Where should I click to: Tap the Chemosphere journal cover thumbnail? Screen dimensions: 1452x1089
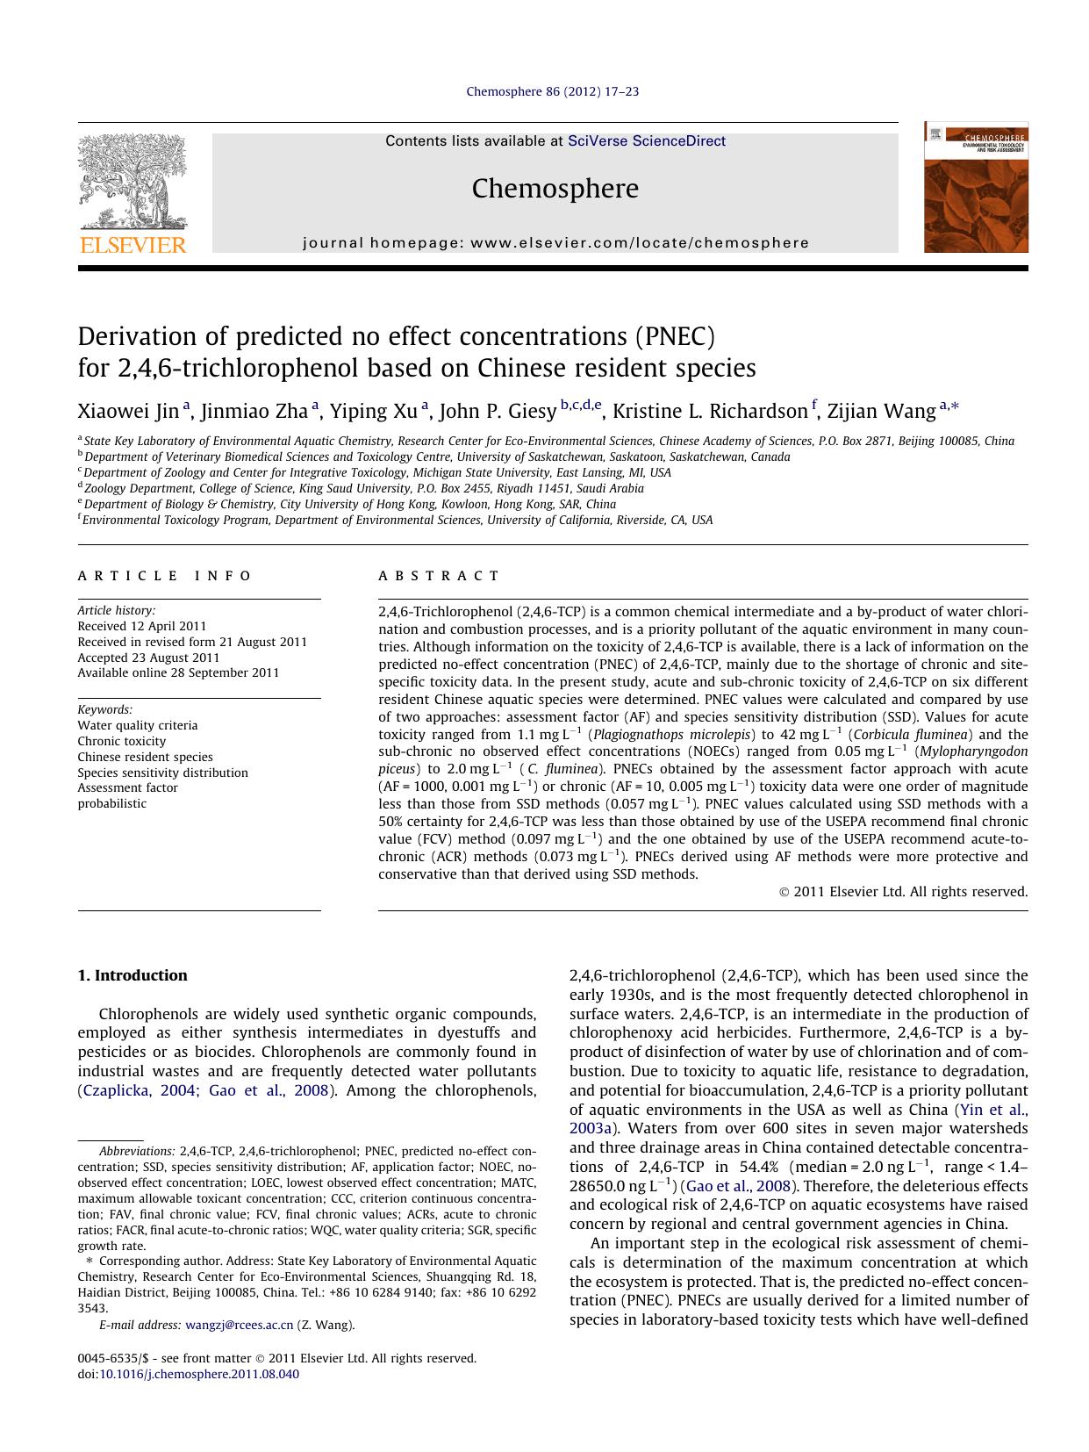[975, 187]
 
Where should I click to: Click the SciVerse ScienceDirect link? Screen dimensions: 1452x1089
[647, 140]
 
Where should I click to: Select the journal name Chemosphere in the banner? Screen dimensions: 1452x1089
[555, 188]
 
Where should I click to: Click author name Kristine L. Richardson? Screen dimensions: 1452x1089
[709, 411]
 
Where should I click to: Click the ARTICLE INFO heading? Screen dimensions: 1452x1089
[165, 576]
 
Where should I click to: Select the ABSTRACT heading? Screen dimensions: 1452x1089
[439, 576]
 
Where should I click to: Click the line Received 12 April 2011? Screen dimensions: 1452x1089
[142, 626]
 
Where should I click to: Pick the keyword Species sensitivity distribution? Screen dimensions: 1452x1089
[162, 773]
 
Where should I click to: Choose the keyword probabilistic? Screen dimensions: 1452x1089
[112, 803]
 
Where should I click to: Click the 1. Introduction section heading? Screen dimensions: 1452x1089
[132, 975]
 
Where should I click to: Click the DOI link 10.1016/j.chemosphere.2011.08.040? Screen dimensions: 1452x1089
[198, 1374]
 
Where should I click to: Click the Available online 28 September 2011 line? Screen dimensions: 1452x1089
[178, 672]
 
